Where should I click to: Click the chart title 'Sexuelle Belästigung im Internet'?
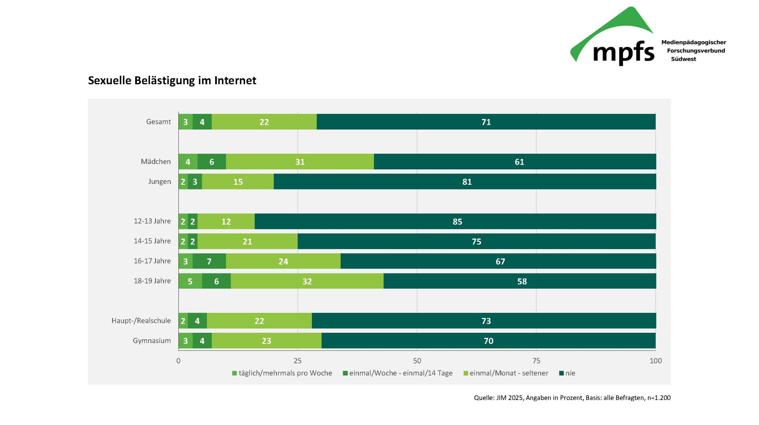(x=172, y=80)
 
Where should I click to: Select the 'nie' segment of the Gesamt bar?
(x=486, y=122)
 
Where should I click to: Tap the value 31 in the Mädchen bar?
(x=300, y=162)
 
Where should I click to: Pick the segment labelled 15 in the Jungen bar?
(x=238, y=182)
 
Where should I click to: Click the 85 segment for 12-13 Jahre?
(x=457, y=221)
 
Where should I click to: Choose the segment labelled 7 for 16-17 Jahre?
(x=209, y=261)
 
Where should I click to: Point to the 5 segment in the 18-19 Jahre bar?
(x=190, y=281)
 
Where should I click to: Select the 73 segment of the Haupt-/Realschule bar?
(x=486, y=321)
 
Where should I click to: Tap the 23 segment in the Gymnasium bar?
(x=266, y=340)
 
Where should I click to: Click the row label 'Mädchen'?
(x=156, y=162)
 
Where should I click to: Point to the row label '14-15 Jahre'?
(x=152, y=241)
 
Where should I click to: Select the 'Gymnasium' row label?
(x=152, y=340)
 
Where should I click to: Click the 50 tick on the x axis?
(x=417, y=361)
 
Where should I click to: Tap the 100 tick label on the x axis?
(x=656, y=361)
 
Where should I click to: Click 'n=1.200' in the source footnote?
(x=659, y=398)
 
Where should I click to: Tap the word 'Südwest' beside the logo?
(x=683, y=59)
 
